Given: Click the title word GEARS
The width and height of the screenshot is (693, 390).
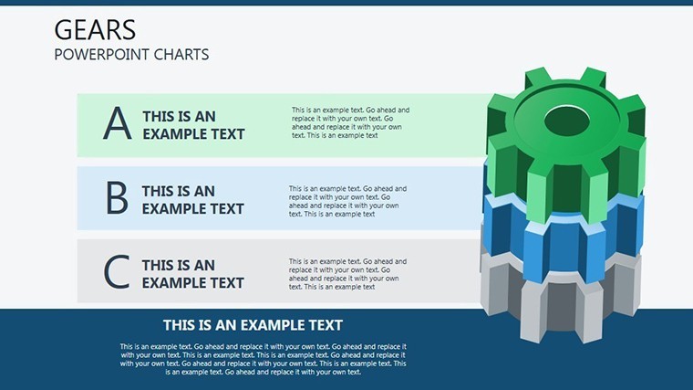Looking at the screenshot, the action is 95,30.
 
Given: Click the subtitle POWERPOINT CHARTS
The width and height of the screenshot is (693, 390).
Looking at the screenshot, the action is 131,55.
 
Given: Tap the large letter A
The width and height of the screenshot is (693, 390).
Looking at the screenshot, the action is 117,123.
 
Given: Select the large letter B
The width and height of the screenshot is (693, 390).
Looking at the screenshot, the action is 117,197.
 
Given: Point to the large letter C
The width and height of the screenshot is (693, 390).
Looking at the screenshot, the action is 117,271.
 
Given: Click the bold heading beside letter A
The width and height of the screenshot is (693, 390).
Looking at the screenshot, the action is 193,125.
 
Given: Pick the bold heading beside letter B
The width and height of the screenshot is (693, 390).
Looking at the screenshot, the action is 192,200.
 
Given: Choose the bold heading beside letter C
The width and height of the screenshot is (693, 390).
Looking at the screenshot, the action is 192,274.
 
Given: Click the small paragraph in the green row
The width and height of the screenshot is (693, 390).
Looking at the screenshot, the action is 350,122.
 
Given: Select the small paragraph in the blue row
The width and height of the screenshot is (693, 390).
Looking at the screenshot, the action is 347,201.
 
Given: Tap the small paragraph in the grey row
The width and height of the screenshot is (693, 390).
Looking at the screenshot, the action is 347,274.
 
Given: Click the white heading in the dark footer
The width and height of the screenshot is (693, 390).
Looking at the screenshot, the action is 253,325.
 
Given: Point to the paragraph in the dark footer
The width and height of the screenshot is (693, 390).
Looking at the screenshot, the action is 263,359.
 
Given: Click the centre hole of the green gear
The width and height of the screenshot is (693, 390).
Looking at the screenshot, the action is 567,121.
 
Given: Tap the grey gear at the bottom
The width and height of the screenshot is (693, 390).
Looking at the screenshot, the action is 561,298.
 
